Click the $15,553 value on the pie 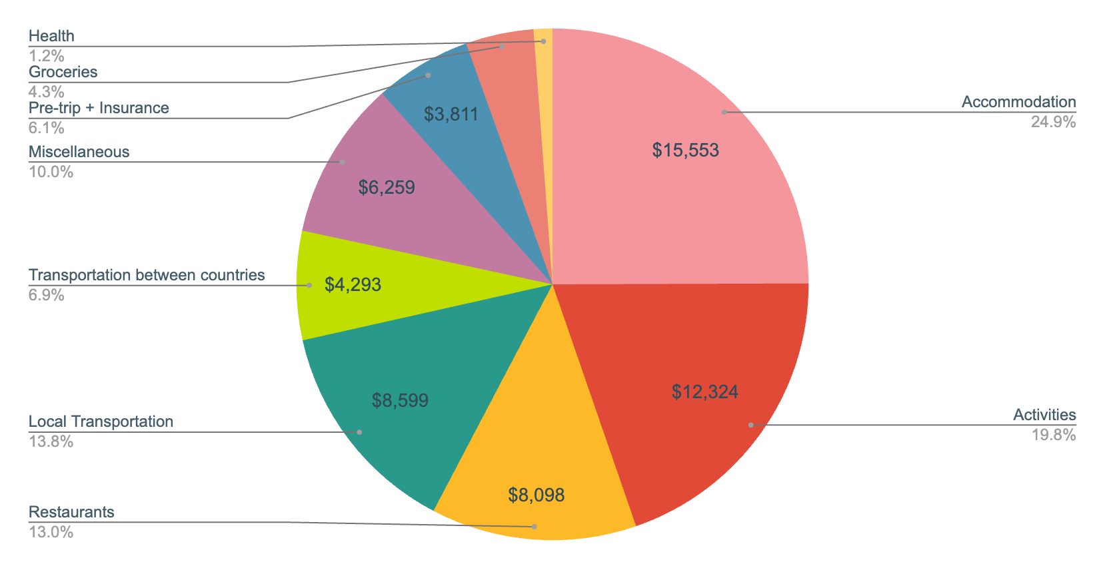[x=685, y=150]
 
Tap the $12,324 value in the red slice [x=704, y=392]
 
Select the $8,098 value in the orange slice [x=536, y=495]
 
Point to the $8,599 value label [x=400, y=400]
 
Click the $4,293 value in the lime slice [x=353, y=285]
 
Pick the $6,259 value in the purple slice [x=387, y=188]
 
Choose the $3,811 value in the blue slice [x=451, y=115]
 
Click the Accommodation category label [x=1018, y=102]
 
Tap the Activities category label [x=1044, y=415]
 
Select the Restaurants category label [x=71, y=512]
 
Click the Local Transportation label [x=101, y=422]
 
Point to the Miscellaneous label [x=79, y=152]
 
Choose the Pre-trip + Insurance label [x=99, y=108]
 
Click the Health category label [x=51, y=36]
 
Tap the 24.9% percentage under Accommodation [x=1053, y=122]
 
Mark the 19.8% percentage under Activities [x=1053, y=435]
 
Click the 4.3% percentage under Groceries [x=46, y=92]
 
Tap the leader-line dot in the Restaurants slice [x=535, y=527]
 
